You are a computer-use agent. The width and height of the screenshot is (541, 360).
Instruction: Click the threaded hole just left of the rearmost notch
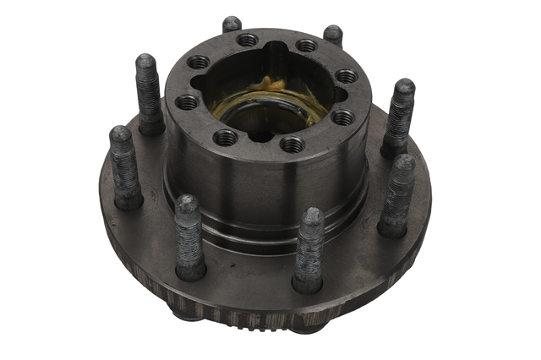point(248,40)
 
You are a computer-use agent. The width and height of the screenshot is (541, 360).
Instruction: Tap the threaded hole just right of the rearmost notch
point(307,46)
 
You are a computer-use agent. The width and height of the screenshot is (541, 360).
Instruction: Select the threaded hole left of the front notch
point(225,137)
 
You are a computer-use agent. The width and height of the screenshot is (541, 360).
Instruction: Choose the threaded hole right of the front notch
point(292,145)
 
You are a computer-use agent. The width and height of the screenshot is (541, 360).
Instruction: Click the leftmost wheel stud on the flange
point(125,166)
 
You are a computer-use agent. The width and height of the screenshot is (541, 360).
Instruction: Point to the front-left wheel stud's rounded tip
point(188,205)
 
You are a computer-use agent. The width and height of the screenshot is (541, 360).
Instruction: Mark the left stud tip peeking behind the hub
point(232,24)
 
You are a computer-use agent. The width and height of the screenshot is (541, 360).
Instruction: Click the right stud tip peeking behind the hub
point(333,35)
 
